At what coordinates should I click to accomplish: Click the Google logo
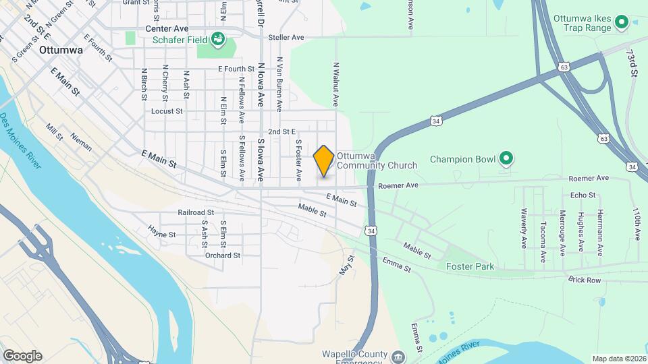click(22, 356)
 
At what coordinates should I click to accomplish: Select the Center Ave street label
click(167, 29)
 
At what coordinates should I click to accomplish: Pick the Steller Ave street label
click(286, 37)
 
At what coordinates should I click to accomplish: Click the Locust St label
click(167, 111)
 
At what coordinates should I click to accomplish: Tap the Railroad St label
click(196, 212)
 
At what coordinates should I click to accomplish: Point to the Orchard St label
click(223, 255)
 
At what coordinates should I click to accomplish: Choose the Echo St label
click(583, 195)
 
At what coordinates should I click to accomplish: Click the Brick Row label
click(584, 280)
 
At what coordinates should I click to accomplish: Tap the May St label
click(348, 264)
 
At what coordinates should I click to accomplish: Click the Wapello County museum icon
click(398, 356)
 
